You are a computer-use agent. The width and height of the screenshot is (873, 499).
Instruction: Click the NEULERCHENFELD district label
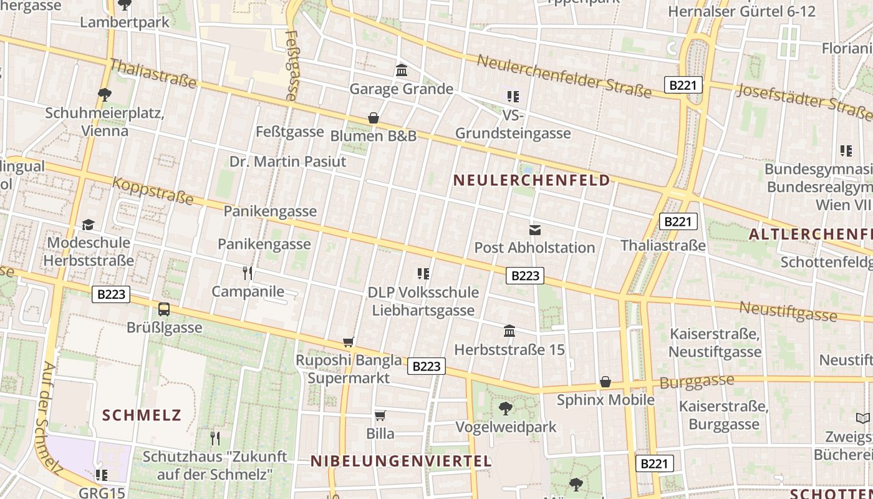pos(531,181)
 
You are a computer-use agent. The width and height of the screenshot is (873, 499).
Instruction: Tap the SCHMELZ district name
pos(142,415)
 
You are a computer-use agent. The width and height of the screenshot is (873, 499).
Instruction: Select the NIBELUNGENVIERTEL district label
pos(401,462)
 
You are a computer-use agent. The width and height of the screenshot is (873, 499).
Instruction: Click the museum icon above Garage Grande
pos(402,70)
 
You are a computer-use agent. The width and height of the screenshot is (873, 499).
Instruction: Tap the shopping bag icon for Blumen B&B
pos(373,117)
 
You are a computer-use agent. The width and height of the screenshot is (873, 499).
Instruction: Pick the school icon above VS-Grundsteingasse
pos(513,96)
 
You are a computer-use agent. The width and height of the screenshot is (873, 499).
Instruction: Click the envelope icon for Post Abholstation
pos(534,229)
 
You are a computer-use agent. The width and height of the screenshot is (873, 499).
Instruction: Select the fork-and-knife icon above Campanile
pos(248,273)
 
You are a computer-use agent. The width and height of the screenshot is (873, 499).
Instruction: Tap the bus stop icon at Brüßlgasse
pos(164,309)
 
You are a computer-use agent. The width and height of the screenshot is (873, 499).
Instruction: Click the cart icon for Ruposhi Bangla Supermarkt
pos(349,342)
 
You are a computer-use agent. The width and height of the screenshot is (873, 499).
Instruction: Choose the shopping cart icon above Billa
pos(380,415)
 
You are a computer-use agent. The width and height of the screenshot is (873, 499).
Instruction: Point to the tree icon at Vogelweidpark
pos(505,409)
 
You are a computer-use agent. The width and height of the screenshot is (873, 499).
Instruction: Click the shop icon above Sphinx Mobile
pos(605,382)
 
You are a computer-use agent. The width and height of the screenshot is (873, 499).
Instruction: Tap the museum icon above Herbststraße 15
pos(509,331)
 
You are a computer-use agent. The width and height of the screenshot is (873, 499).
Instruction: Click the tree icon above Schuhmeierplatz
pos(104,95)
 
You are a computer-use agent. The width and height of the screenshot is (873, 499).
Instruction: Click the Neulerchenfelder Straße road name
pos(564,76)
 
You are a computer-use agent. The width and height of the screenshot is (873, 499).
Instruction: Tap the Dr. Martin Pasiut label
pos(287,162)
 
